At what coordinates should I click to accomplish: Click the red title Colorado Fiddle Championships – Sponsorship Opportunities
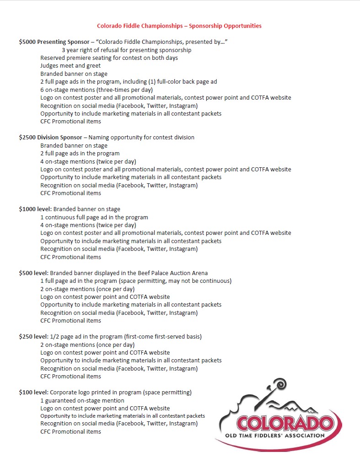179,26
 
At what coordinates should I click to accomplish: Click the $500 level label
33,273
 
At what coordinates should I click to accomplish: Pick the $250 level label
33,337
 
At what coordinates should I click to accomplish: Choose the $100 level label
33,393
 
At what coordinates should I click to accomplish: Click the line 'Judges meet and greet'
70,66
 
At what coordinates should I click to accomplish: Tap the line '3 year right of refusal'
127,50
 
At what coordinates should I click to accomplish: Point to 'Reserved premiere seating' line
109,58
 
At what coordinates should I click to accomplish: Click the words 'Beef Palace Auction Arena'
170,273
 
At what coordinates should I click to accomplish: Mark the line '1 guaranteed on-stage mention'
82,401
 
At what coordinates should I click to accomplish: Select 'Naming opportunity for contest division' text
141,138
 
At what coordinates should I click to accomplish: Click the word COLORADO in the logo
284,423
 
